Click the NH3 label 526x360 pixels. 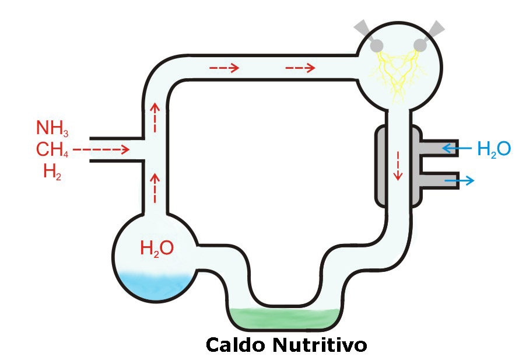pyautogui.click(x=51, y=128)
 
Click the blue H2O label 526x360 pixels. pyautogui.click(x=493, y=149)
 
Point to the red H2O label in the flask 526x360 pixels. pyautogui.click(x=156, y=248)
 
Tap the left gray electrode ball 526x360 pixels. pyautogui.click(x=377, y=45)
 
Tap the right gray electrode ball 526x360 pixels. pyautogui.click(x=420, y=45)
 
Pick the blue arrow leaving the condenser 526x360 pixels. pyautogui.click(x=460, y=181)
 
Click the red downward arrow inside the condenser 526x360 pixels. pyautogui.click(x=399, y=166)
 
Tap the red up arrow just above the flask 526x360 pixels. pyautogui.click(x=155, y=186)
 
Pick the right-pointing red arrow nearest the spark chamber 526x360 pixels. pyautogui.click(x=300, y=68)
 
